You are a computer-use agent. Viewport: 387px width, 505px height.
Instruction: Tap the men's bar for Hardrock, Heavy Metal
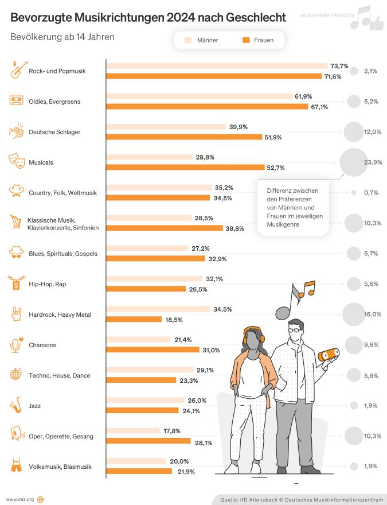(158, 309)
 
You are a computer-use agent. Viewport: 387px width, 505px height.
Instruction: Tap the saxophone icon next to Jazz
(17, 406)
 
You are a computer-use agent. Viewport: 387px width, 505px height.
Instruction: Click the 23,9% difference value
(373, 162)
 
